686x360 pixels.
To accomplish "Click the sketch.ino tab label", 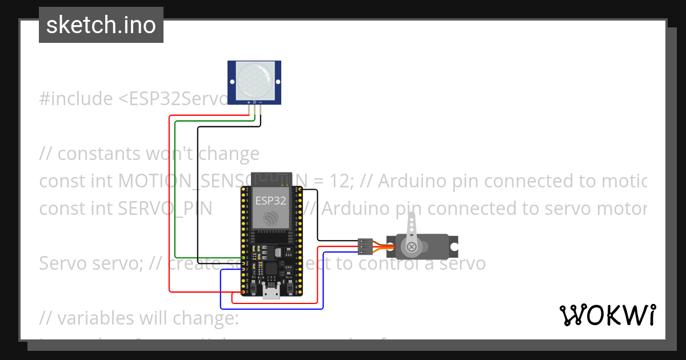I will tap(101, 25).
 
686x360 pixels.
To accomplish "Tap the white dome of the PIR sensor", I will tap(254, 81).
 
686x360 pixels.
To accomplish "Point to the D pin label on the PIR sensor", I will tap(254, 102).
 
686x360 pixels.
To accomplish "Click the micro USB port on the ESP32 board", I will tap(271, 293).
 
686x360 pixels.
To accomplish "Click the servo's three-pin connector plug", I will tap(365, 246).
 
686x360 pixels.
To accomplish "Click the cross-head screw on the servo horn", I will tap(410, 247).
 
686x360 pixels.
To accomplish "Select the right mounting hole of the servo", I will tap(454, 247).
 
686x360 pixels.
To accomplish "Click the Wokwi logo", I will tap(607, 315).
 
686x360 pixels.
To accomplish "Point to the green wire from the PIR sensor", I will tap(174, 189).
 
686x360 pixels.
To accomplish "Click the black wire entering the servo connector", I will tap(337, 241).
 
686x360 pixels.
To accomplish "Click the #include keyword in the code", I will tap(76, 99).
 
